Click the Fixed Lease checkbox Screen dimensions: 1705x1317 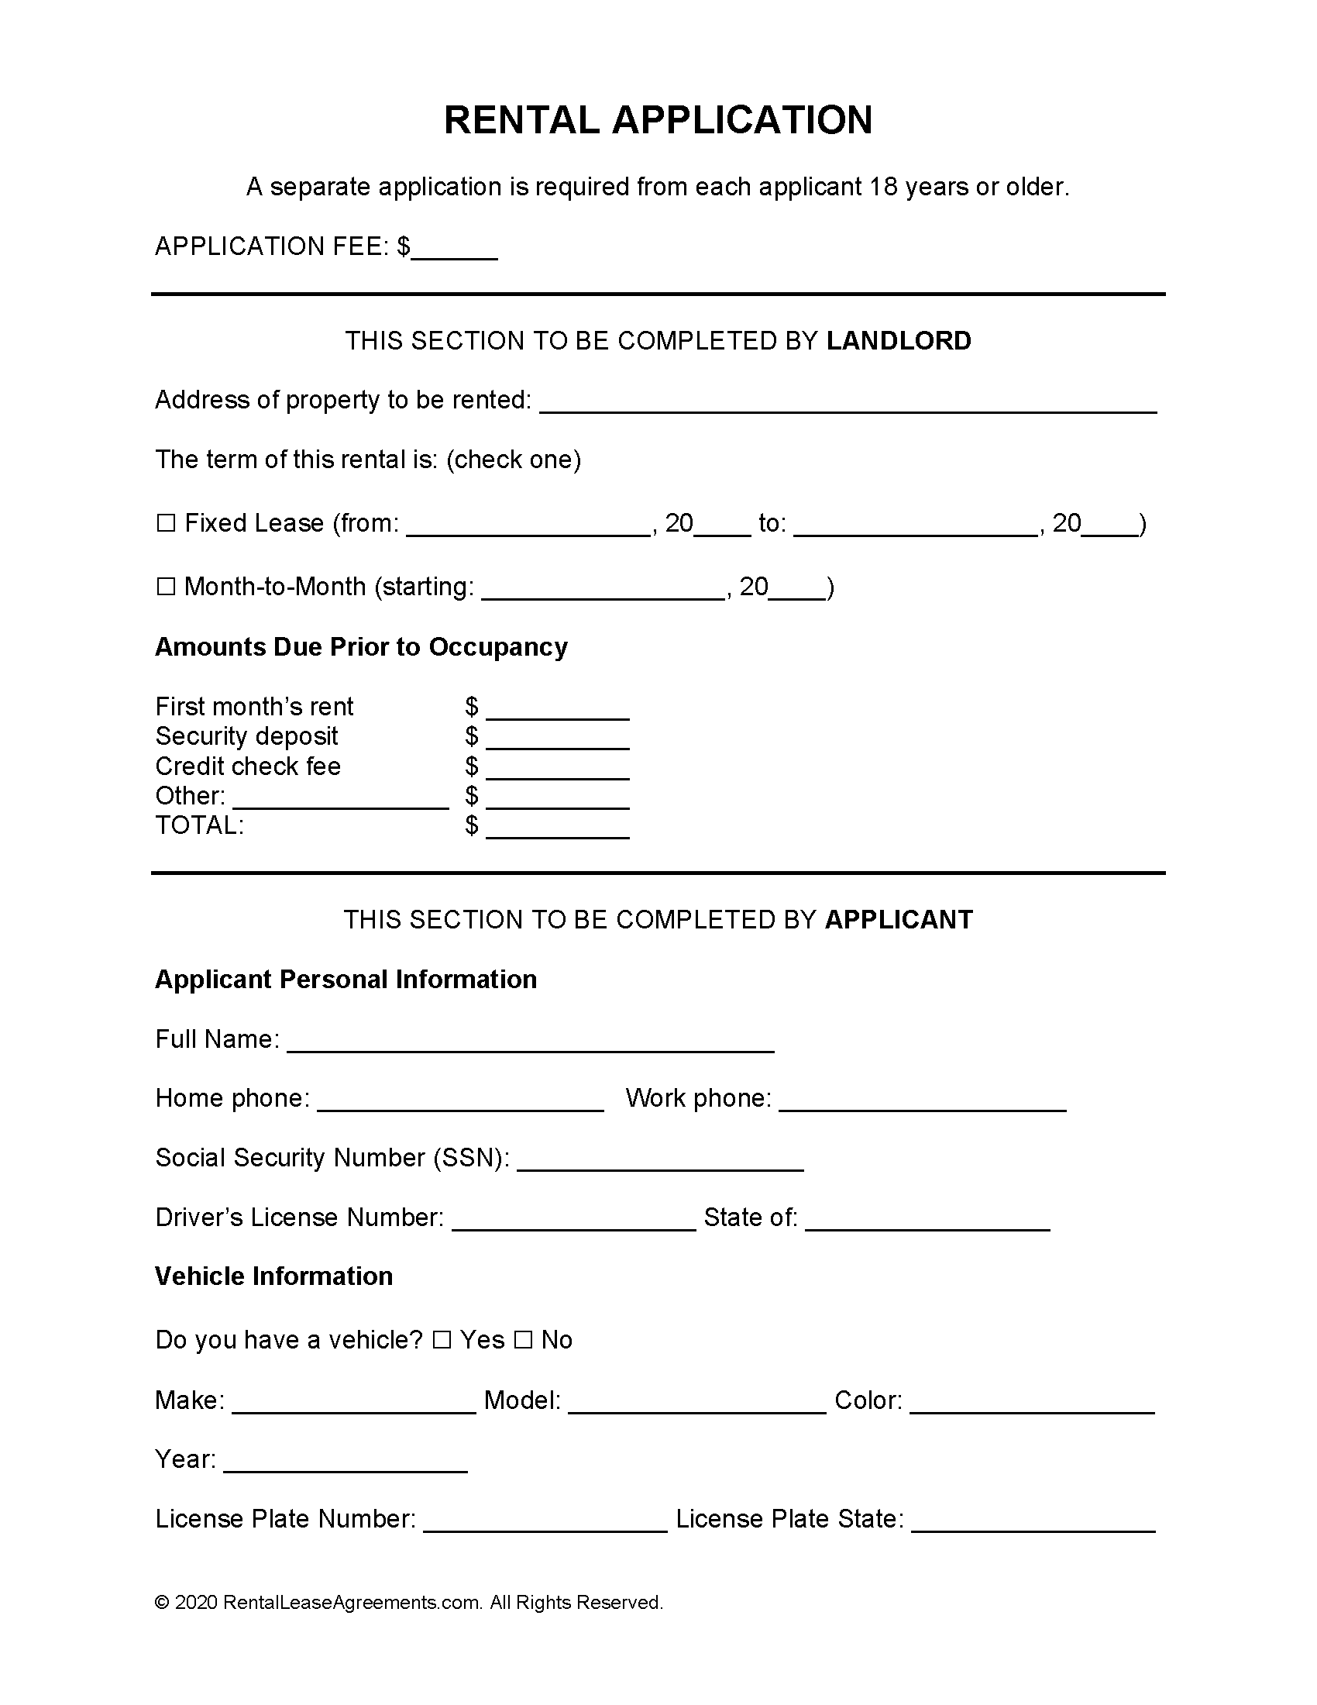(x=166, y=523)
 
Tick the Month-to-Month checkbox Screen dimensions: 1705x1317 (x=166, y=587)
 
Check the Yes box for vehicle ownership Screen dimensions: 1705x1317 (x=442, y=1341)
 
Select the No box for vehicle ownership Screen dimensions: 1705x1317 (x=524, y=1341)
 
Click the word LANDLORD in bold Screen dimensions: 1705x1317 (x=898, y=341)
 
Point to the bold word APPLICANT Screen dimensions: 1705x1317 (x=898, y=920)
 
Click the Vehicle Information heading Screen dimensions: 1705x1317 (x=273, y=1276)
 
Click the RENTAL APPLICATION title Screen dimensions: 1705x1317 (x=658, y=120)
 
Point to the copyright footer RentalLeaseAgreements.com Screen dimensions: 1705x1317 (x=408, y=1603)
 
